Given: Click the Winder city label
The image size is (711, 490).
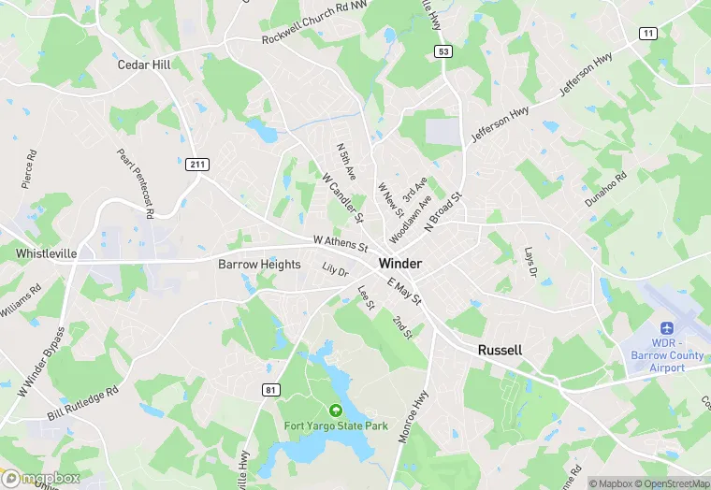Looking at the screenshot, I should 399,264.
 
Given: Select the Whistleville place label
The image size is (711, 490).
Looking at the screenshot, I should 46,253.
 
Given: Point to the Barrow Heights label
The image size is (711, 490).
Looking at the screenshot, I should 259,265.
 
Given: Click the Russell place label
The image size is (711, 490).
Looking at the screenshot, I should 500,349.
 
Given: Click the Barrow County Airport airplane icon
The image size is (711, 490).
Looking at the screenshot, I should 667,329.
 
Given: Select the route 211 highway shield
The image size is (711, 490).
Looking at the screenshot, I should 196,165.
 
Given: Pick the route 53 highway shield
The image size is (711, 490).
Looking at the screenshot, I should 443,51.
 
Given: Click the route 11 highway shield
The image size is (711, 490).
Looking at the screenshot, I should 647,34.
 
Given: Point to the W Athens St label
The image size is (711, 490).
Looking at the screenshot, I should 341,243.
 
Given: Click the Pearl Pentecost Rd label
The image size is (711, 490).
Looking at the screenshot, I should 136,183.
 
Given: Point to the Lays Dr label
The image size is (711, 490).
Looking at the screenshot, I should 530,262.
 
